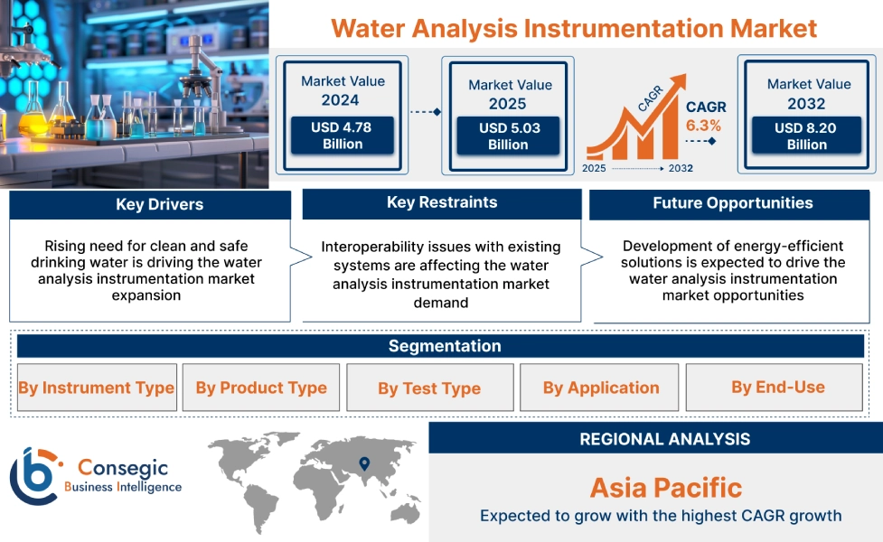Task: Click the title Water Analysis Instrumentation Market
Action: click(x=574, y=27)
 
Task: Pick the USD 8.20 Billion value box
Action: click(x=806, y=135)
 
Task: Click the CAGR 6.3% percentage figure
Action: click(x=703, y=126)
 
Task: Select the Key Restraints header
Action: click(x=441, y=202)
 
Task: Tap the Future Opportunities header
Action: click(x=732, y=203)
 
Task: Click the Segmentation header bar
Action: click(x=444, y=346)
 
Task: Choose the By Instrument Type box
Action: click(x=96, y=388)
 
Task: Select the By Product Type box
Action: click(x=261, y=388)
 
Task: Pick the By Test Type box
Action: click(x=429, y=388)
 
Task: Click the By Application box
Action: click(x=601, y=388)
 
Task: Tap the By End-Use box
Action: click(x=777, y=388)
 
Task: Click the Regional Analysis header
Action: click(x=664, y=439)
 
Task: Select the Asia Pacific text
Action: click(x=665, y=488)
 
